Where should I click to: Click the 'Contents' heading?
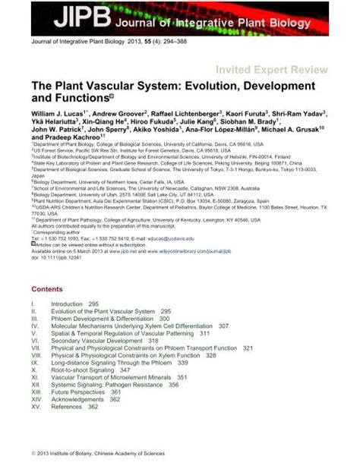coord(49,289)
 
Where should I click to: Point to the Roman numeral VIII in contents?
coord(36,354)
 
